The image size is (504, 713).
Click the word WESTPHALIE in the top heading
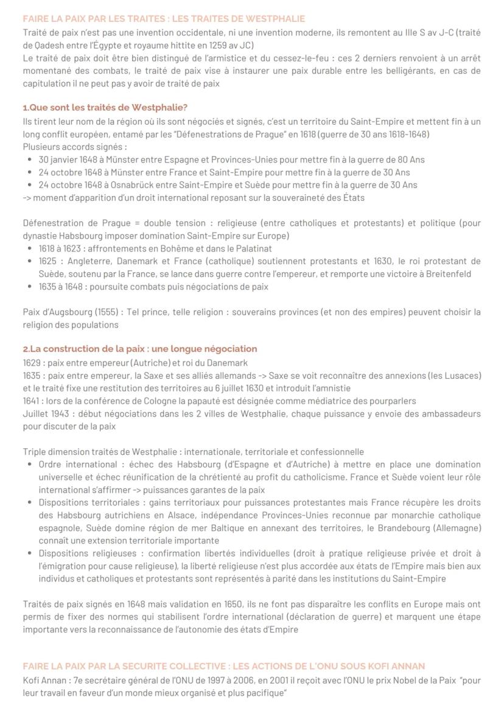[x=279, y=19]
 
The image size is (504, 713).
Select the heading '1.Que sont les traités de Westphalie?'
[x=105, y=108]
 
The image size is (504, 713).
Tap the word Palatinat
[x=252, y=248]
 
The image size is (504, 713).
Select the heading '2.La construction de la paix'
[x=140, y=349]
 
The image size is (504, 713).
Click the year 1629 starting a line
[x=32, y=362]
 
